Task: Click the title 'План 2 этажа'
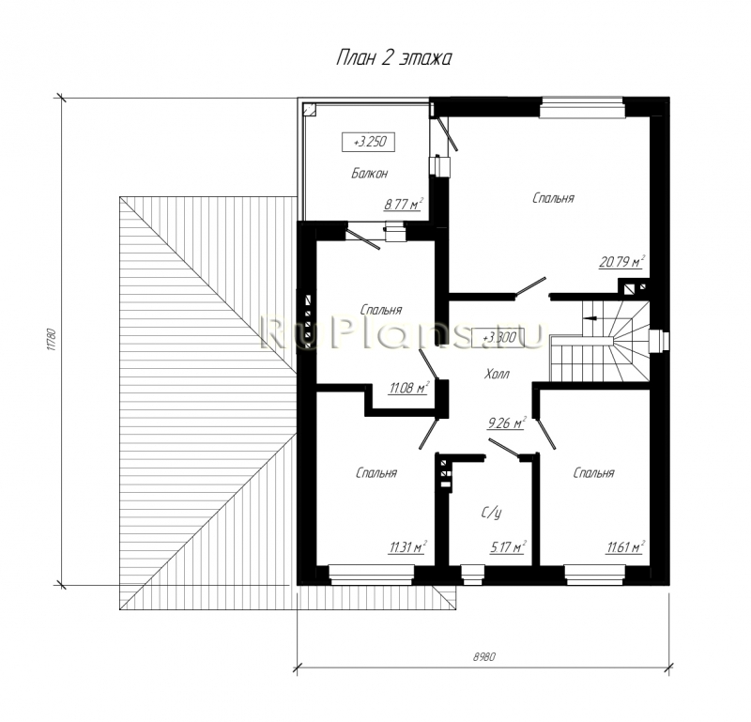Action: tap(393, 58)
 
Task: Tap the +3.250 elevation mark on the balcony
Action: tap(368, 143)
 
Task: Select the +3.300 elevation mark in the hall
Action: tap(498, 338)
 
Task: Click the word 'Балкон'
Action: tap(369, 173)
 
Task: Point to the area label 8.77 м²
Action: tap(404, 204)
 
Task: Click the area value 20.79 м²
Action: tap(621, 262)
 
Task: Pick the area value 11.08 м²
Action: tap(408, 388)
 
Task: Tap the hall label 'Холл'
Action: tap(497, 374)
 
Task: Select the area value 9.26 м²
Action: tap(507, 423)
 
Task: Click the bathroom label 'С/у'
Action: tap(491, 514)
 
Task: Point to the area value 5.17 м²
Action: tap(508, 546)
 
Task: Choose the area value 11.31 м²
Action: tap(407, 546)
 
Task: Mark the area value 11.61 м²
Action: tap(624, 546)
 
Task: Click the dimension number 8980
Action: tap(484, 656)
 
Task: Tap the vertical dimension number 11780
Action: tap(53, 340)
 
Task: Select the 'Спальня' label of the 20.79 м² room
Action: tap(553, 198)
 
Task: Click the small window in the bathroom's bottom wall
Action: tap(472, 575)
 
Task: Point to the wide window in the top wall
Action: tap(582, 107)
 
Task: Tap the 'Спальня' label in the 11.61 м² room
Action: tap(593, 473)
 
